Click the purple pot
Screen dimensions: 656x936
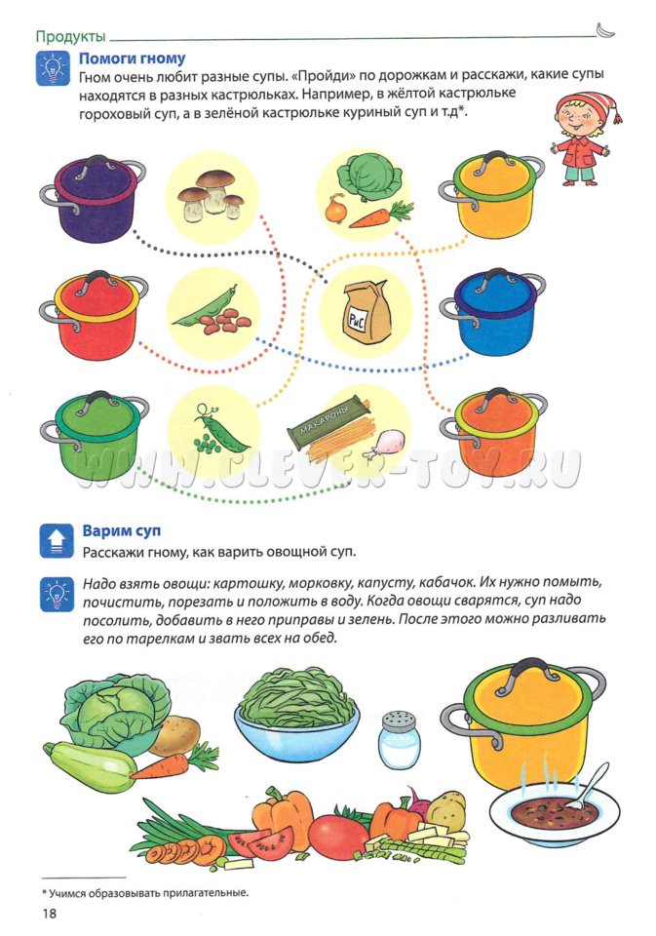coord(93,198)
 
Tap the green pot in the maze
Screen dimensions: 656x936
coord(94,435)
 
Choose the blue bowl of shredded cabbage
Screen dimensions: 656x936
coord(296,716)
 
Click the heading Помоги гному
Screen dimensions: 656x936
coord(132,58)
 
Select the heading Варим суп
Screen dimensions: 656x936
coord(122,530)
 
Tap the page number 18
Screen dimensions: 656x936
coord(49,914)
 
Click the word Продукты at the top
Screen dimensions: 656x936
coord(70,36)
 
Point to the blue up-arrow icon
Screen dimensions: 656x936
coord(57,541)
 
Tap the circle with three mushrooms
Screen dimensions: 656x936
coord(212,198)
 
